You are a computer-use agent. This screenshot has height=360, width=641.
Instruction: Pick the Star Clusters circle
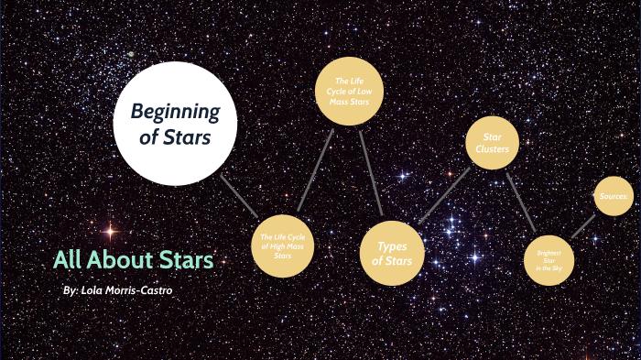(486, 143)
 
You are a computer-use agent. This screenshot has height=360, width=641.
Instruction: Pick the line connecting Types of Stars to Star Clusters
(443, 195)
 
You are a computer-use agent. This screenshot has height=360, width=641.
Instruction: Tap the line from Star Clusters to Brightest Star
(520, 202)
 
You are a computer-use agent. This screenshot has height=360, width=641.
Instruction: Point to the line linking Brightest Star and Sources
(583, 226)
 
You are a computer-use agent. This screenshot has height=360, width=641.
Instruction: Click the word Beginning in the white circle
(176, 113)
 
